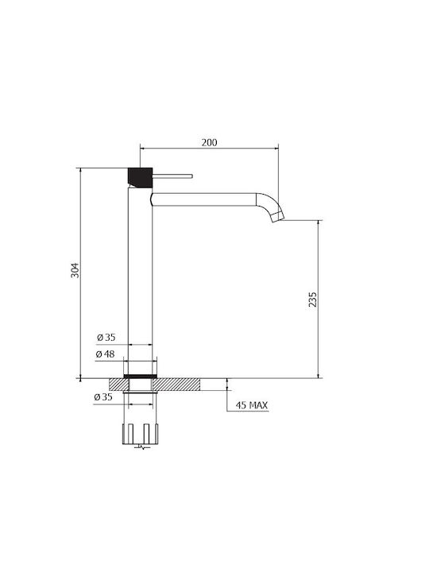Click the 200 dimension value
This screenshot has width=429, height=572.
click(210, 142)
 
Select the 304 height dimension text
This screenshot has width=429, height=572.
click(75, 270)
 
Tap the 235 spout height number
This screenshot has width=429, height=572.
click(313, 300)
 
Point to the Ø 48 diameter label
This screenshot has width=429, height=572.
click(106, 354)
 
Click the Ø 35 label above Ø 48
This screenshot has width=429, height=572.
click(106, 338)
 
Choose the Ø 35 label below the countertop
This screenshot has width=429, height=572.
click(103, 397)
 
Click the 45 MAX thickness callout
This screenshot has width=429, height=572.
click(251, 405)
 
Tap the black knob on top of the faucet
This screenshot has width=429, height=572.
click(140, 177)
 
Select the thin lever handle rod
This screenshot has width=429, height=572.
click(172, 176)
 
